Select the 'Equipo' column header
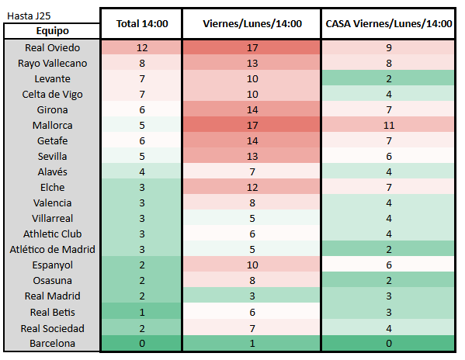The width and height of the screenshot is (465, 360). coord(52,31)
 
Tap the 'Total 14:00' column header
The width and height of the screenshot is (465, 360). coord(141,24)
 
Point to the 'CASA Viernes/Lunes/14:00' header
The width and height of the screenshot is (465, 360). coord(389,24)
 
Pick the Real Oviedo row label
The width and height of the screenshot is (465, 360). coord(52,48)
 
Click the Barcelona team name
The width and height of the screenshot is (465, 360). coord(52,343)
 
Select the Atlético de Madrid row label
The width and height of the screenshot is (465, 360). coord(52,250)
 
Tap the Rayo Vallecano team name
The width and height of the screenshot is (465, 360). coord(52,64)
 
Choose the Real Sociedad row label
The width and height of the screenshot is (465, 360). coord(52,327)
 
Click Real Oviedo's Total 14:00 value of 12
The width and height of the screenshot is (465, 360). coord(141,48)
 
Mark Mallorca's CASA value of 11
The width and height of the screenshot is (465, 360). coord(389,126)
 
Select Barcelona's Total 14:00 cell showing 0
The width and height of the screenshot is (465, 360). coord(141,343)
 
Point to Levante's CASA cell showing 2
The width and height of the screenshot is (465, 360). coord(389,79)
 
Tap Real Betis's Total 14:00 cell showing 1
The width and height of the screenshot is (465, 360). coord(141,312)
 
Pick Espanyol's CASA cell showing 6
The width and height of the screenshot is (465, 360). coord(389,265)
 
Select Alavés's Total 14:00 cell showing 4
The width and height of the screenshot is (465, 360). coord(141,172)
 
